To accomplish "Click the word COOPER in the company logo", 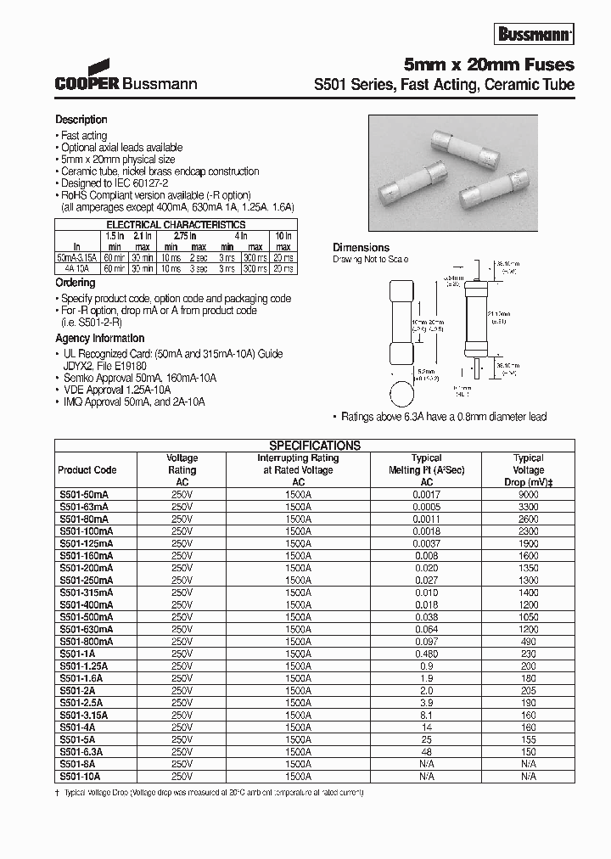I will click(x=88, y=84).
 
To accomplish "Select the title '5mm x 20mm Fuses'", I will click(x=488, y=65).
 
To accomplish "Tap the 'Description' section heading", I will click(x=81, y=120).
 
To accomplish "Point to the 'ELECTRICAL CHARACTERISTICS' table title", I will click(x=175, y=225).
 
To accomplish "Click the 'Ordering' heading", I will click(x=76, y=283).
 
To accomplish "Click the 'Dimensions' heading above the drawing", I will click(x=361, y=248).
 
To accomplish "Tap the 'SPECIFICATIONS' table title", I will click(x=315, y=445).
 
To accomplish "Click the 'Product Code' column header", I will click(x=87, y=470).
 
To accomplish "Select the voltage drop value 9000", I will click(x=528, y=493).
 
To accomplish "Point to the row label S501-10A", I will click(x=79, y=776).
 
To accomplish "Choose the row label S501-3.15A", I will click(x=83, y=715).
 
